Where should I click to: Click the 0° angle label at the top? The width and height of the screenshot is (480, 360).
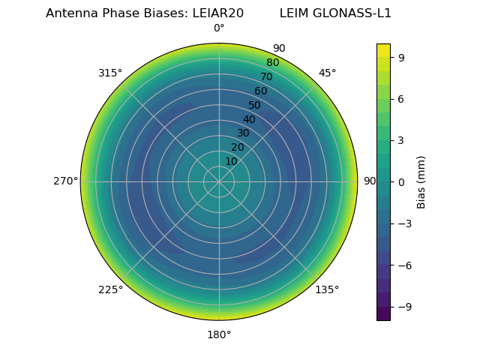[x=219, y=28]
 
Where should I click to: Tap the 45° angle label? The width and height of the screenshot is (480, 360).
[x=327, y=73]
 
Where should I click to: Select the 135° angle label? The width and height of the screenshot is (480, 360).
[x=327, y=289]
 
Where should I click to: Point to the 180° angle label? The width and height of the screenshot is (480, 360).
[x=219, y=334]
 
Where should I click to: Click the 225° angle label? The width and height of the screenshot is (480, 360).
[x=110, y=289]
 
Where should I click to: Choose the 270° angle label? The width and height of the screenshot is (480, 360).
[x=65, y=181]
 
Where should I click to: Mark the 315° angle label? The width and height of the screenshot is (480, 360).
[x=110, y=73]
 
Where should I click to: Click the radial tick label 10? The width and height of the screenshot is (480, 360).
[x=231, y=161]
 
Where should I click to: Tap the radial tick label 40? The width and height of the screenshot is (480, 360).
[x=249, y=119]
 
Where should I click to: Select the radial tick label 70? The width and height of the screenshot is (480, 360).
[x=266, y=76]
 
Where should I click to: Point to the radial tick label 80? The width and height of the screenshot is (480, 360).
[x=272, y=63]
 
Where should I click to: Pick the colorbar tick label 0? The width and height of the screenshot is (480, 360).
[x=402, y=181]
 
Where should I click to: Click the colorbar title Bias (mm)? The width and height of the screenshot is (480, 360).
[x=421, y=181]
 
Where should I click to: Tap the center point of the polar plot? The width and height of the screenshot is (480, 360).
[x=219, y=181]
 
